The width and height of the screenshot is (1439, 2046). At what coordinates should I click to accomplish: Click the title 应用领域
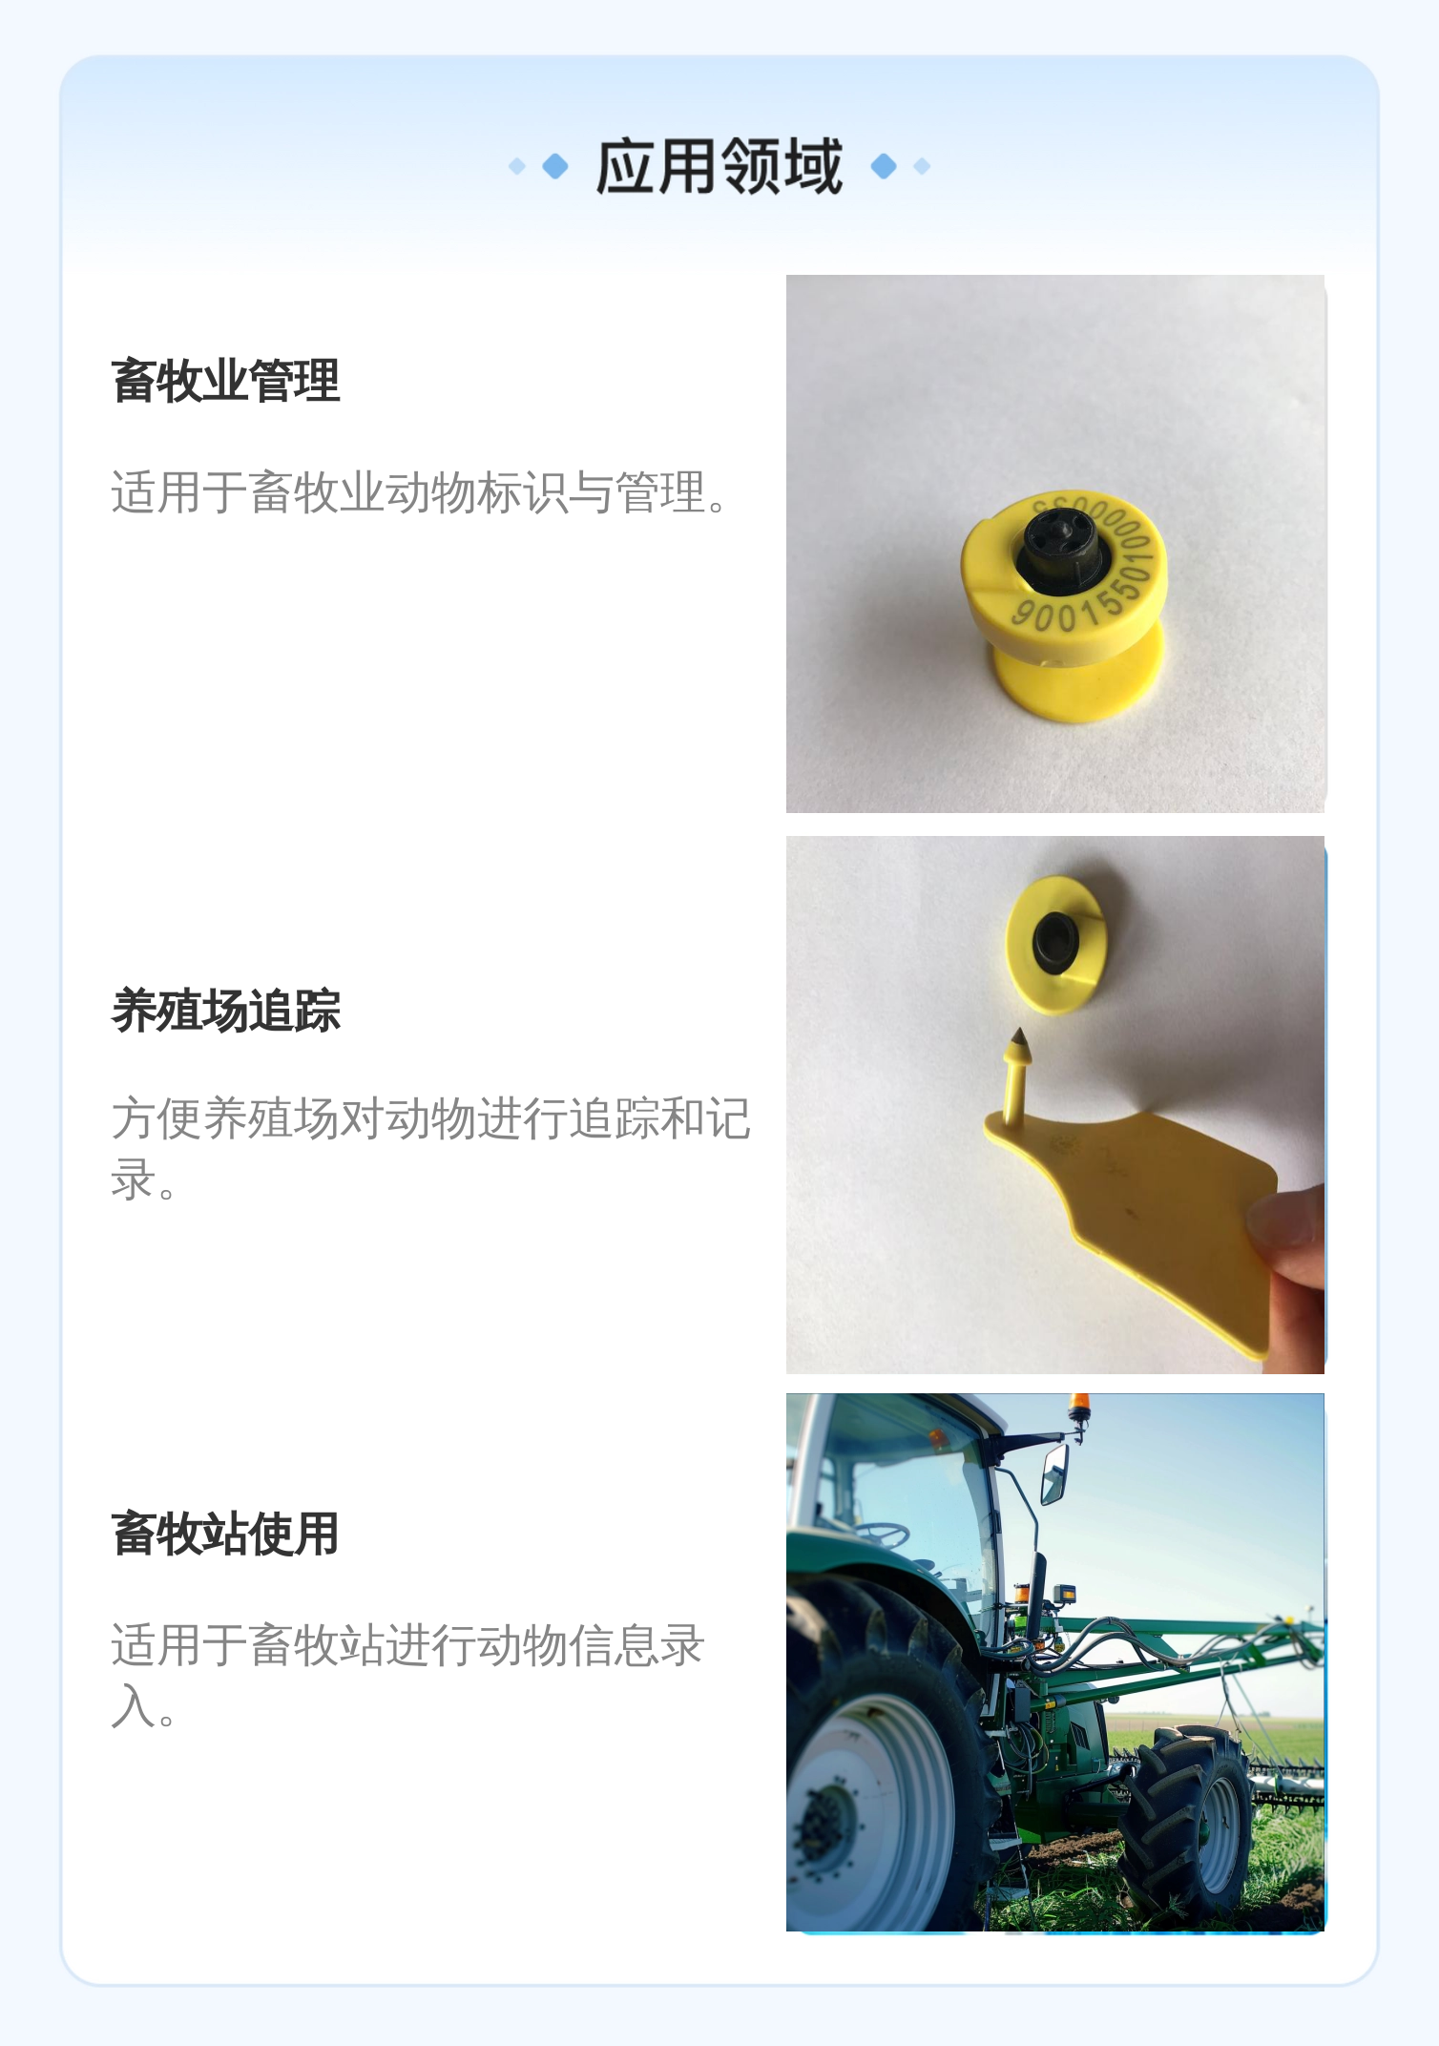tap(719, 166)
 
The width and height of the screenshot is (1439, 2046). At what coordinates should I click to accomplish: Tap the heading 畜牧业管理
tap(225, 381)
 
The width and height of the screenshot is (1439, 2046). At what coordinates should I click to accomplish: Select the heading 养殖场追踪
tap(225, 1011)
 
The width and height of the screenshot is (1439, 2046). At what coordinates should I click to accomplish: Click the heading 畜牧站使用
tap(225, 1534)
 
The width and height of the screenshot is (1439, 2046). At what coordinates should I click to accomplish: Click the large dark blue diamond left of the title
tap(555, 166)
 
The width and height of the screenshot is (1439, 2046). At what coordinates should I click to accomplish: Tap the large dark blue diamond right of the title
tap(884, 166)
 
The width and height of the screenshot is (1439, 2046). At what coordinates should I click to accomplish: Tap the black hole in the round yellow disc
tap(1056, 942)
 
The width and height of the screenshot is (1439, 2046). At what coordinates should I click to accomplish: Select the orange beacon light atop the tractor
tap(1079, 1408)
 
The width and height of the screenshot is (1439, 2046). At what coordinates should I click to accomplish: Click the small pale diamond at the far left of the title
tap(517, 166)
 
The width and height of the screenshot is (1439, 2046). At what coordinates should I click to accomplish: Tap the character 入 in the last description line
tap(133, 1706)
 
